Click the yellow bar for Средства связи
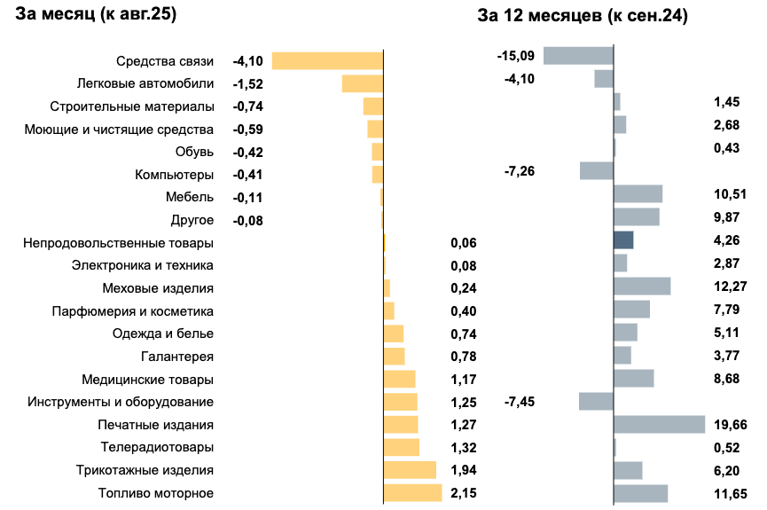tap(327, 61)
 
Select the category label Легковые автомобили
tap(145, 83)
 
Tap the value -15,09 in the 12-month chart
tap(516, 56)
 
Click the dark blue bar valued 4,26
tap(623, 239)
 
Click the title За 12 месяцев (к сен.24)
tap(583, 15)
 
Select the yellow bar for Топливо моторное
tap(412, 493)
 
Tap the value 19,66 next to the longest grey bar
tap(732, 424)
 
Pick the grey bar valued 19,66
tap(659, 424)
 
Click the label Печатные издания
tap(156, 424)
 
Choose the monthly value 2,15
tap(464, 493)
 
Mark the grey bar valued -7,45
tap(596, 401)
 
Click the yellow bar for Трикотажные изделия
tap(410, 470)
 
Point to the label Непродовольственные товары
tap(119, 242)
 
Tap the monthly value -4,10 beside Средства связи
tap(247, 61)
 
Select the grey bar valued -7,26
tap(597, 170)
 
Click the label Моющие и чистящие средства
tap(119, 129)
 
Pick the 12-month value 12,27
tap(732, 286)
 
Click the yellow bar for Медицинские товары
tap(399, 379)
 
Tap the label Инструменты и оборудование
tap(121, 402)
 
